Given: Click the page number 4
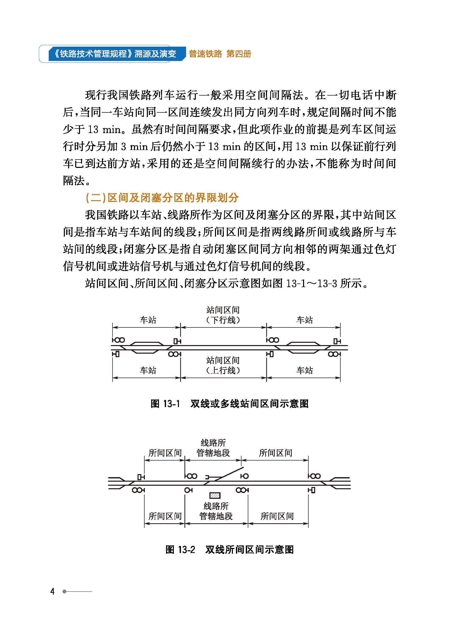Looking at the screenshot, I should (52, 591).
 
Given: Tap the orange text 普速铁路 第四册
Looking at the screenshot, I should (220, 54).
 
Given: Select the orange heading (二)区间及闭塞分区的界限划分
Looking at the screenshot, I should (162, 198).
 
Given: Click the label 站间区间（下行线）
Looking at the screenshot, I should (223, 315).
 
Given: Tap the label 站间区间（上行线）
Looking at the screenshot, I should (223, 365).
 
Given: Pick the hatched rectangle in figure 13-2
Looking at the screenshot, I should (215, 495).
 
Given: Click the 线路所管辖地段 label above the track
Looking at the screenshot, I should (213, 448).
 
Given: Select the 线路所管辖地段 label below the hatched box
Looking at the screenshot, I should (216, 511).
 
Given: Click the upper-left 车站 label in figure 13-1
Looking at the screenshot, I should (148, 320).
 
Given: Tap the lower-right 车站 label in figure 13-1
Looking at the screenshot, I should (304, 370).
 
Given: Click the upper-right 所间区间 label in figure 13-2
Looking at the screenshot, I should (275, 453).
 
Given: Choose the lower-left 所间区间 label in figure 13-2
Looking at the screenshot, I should (165, 516).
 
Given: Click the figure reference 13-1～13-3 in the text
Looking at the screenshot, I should (311, 283).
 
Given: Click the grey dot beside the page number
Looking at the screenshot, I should (64, 591).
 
